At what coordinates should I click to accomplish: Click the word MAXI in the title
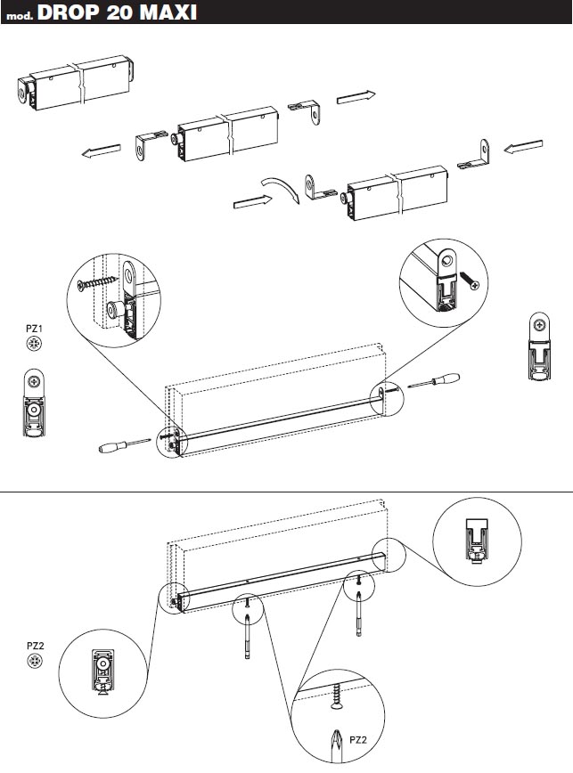click(168, 12)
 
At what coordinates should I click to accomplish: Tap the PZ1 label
click(34, 329)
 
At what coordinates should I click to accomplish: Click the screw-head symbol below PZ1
click(34, 344)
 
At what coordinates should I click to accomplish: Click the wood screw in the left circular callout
click(99, 282)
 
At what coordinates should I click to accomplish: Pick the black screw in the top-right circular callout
click(469, 280)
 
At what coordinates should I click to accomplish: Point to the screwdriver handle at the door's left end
click(111, 448)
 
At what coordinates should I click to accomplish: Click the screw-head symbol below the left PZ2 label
click(35, 661)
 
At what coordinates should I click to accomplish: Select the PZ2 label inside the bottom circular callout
click(358, 739)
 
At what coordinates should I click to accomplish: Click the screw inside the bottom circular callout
click(337, 696)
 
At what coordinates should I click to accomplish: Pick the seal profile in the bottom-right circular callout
click(477, 541)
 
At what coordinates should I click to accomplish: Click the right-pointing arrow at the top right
click(356, 97)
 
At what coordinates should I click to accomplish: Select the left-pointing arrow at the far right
click(523, 147)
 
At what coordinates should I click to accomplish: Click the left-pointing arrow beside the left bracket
click(101, 151)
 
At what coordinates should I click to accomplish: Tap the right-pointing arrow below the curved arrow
click(252, 201)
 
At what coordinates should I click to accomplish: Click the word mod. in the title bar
click(20, 16)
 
